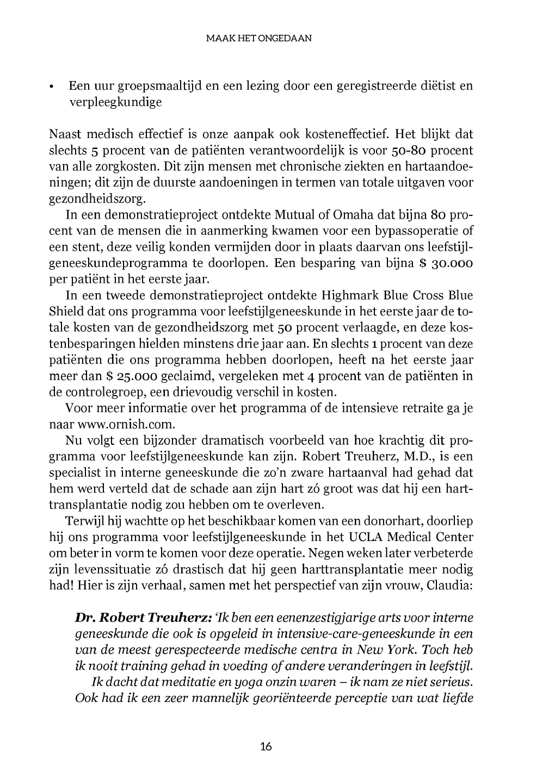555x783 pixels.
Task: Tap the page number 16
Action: coord(266,746)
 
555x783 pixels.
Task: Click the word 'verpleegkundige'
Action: coord(115,102)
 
